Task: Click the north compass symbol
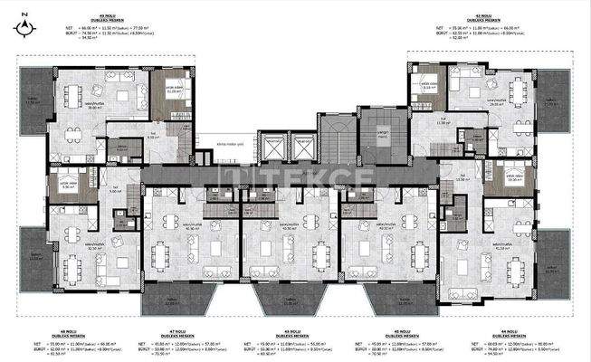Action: [x=22, y=27]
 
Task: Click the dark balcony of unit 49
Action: [x=34, y=100]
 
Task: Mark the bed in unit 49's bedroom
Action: [x=173, y=91]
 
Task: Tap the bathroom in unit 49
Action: [x=129, y=149]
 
